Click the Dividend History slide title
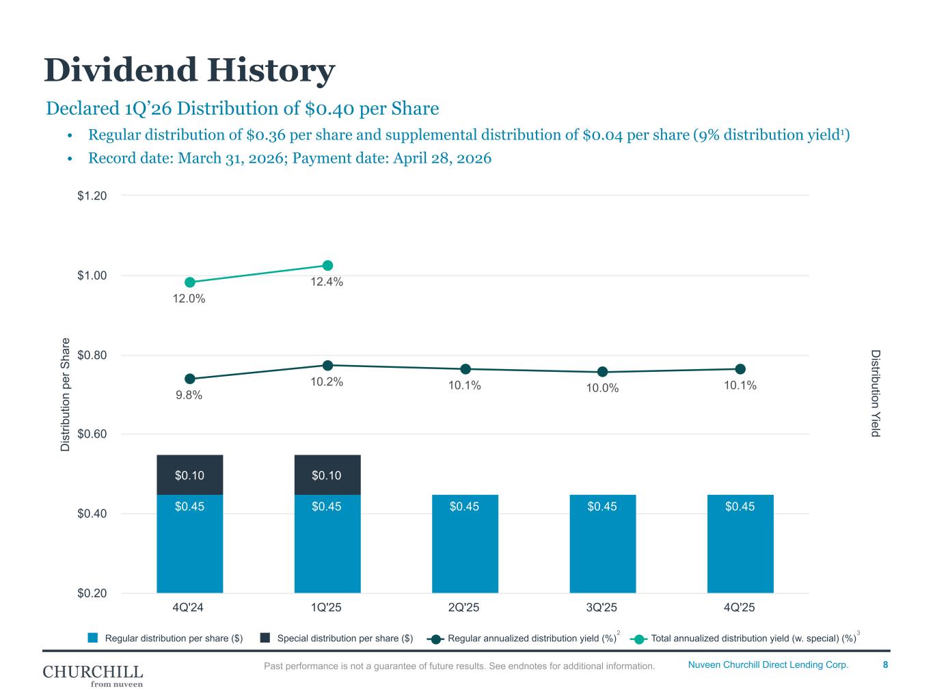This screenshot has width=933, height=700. point(189,70)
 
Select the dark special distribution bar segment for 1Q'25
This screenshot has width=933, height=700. point(327,474)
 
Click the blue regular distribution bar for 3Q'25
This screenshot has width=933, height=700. point(602,543)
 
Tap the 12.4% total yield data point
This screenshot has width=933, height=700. point(327,265)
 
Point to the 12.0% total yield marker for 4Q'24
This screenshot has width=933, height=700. point(190,282)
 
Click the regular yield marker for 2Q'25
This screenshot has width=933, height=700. point(465,369)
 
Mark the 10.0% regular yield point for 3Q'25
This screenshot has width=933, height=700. point(602,372)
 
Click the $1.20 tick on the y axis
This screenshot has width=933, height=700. point(92,196)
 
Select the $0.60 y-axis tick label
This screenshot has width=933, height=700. point(92,434)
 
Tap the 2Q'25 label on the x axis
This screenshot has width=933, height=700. point(465,608)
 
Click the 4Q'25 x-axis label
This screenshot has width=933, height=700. point(740,608)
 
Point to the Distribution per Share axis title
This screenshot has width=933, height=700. point(66,394)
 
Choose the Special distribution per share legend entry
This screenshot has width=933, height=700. point(344,638)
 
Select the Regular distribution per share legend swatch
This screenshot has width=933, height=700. point(93,638)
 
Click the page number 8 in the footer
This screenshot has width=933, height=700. point(885,664)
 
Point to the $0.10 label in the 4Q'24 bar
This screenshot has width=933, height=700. point(189,475)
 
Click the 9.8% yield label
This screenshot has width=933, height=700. point(189,395)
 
